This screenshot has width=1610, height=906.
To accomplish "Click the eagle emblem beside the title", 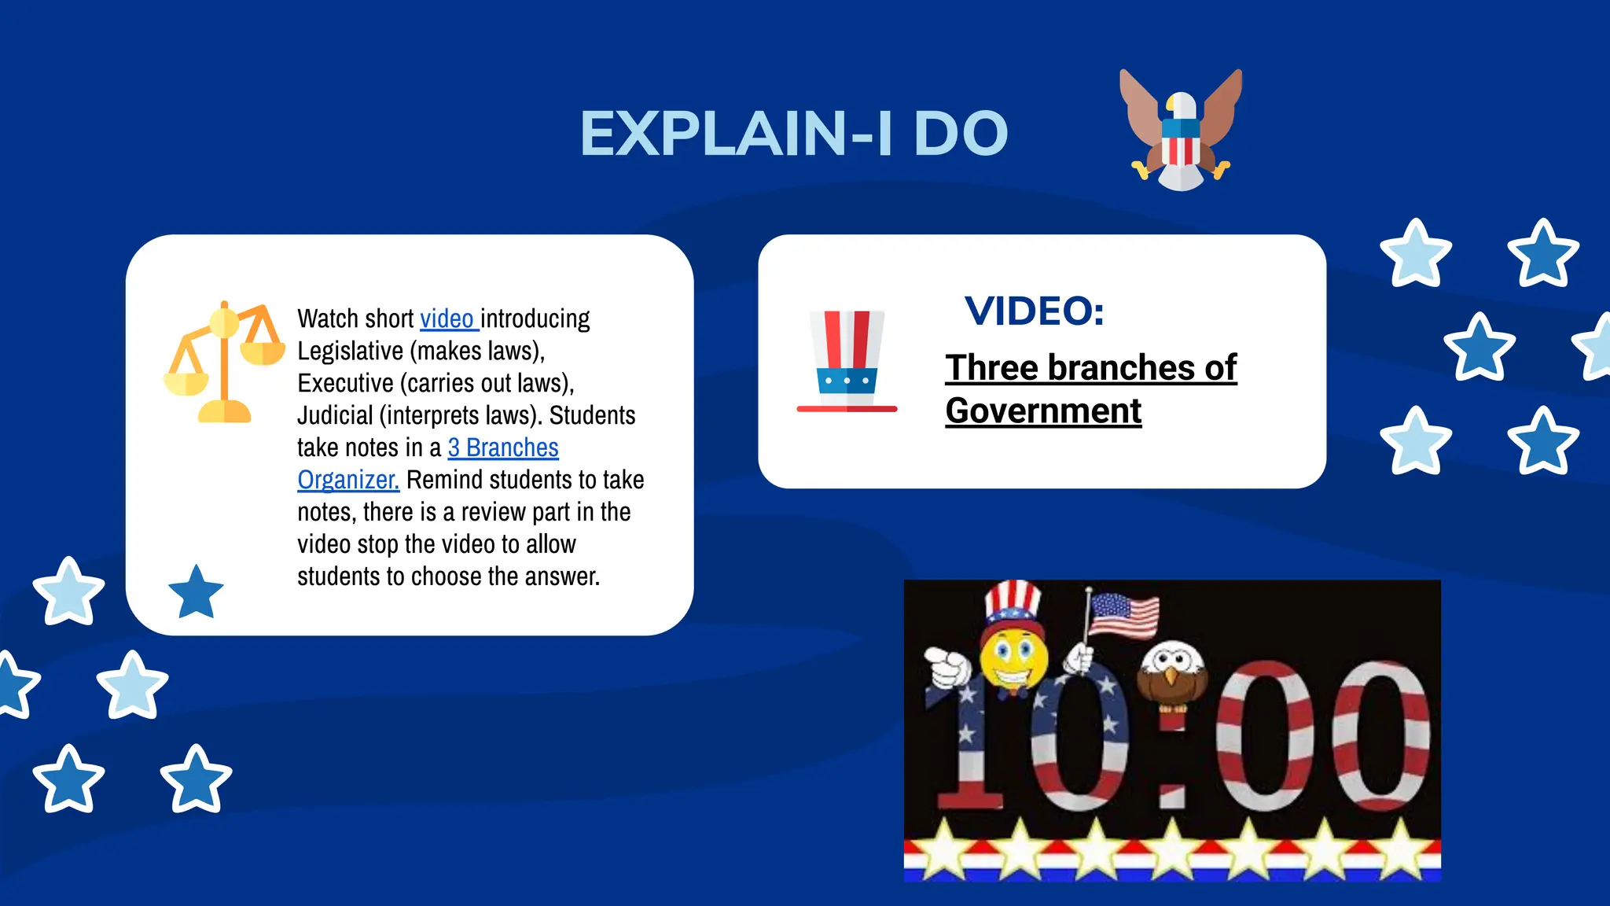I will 1180,130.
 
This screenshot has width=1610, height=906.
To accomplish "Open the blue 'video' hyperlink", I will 447,319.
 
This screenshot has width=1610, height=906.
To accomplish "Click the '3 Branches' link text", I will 503,447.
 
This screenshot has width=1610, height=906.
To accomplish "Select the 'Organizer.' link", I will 348,480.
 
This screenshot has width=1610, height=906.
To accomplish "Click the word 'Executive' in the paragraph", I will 345,383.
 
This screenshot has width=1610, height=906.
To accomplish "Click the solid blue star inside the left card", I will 196,592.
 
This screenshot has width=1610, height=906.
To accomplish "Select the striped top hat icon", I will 847,361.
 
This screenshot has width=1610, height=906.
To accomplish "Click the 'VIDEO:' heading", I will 1034,311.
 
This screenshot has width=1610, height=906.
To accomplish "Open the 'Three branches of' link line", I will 1090,367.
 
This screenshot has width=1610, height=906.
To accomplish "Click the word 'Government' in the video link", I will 1043,411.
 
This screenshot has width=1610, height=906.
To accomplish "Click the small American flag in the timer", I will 1123,615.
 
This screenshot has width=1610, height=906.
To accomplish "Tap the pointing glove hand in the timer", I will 947,667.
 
